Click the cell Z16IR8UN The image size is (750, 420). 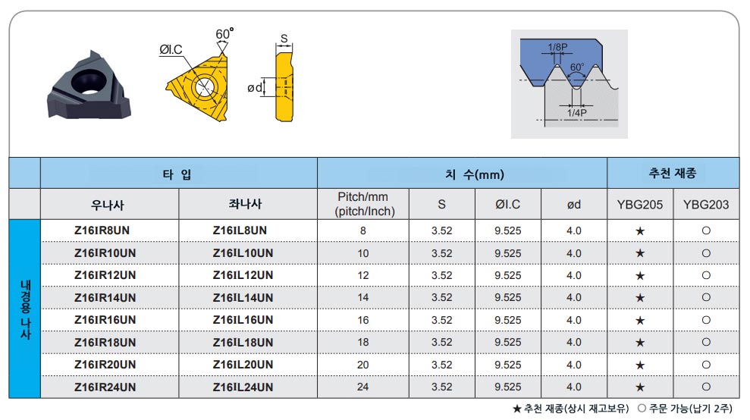[x=102, y=230]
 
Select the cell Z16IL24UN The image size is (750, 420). [x=243, y=387]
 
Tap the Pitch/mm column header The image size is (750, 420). [x=363, y=204]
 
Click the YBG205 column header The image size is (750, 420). [x=639, y=205]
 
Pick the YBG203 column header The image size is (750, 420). [x=705, y=205]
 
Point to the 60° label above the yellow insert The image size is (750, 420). [x=224, y=34]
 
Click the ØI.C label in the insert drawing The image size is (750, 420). [x=171, y=49]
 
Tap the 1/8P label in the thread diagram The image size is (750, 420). [x=557, y=47]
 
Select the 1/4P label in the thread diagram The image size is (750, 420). [x=577, y=113]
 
